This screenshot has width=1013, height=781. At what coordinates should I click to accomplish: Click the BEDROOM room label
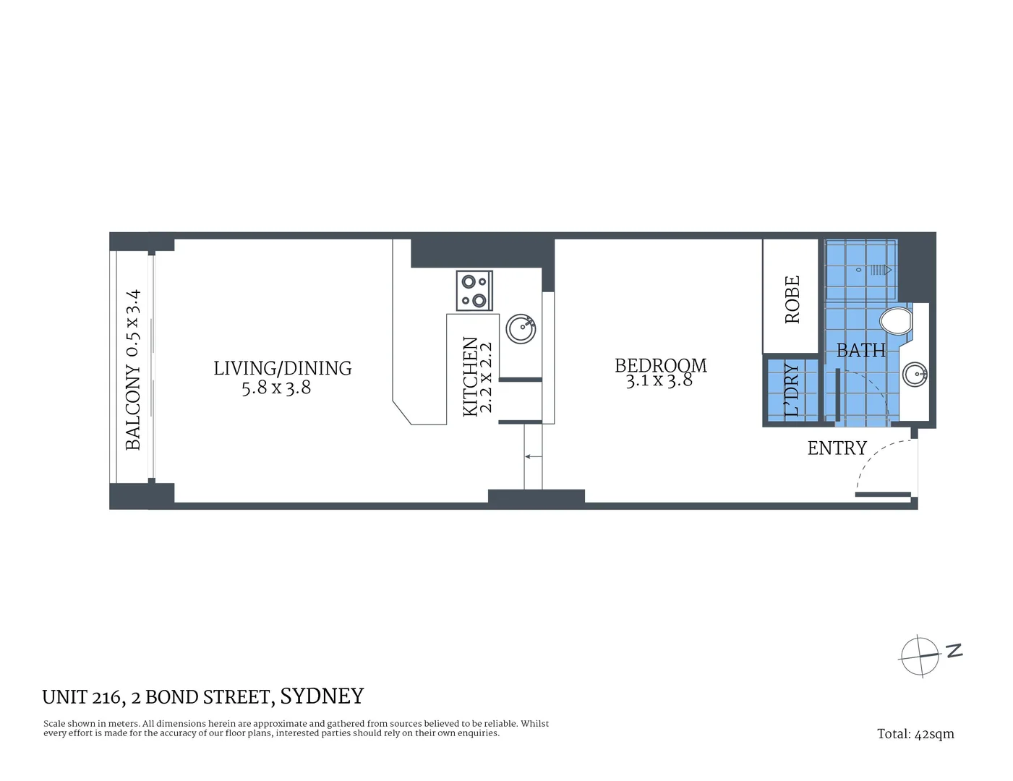coord(660,365)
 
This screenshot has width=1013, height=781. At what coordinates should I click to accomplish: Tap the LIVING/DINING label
coord(282,368)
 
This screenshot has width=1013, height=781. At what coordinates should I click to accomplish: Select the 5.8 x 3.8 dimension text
coord(276,388)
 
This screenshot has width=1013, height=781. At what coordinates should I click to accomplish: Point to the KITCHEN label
coord(470,377)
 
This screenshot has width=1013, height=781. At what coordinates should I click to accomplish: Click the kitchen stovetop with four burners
coord(474,291)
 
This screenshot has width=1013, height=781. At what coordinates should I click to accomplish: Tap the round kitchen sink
coord(520,328)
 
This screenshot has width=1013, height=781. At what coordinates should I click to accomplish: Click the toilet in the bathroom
coord(896,321)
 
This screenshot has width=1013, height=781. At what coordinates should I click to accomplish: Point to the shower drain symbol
coord(881,270)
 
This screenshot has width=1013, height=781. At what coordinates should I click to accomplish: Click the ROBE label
coord(792,299)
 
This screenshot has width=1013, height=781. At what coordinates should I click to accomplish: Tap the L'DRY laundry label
coord(792,390)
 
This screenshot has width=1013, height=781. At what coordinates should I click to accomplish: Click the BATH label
coord(860,351)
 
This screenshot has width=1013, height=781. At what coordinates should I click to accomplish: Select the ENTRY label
coord(837,448)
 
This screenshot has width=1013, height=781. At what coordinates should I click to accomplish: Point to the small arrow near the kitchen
coord(533,456)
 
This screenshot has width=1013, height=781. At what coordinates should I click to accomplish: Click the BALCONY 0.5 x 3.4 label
coord(133,370)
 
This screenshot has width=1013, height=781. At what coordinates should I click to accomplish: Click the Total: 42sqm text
coord(915,734)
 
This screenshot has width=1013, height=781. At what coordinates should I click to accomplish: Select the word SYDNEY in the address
coord(321,696)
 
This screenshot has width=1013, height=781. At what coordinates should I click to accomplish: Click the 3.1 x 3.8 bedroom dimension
coord(659,380)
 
